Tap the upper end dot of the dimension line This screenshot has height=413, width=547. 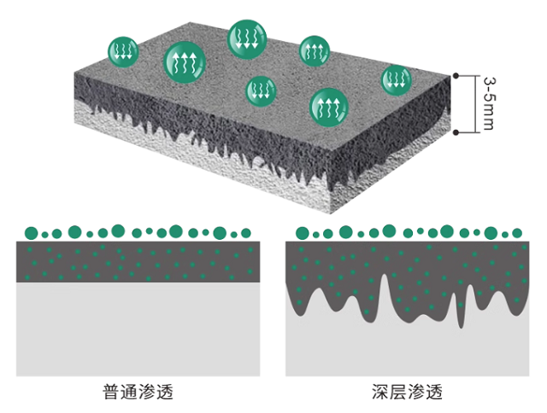(456, 76)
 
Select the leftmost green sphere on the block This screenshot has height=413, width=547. (122, 50)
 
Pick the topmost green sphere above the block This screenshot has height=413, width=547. (247, 38)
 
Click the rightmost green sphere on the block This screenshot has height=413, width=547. (395, 79)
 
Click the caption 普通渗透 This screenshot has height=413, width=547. (138, 393)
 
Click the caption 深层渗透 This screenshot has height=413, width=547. (407, 393)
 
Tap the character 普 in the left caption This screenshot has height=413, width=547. (110, 393)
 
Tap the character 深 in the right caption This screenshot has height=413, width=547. (379, 393)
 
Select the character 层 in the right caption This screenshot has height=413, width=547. (398, 393)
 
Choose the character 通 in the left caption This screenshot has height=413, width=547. (128, 393)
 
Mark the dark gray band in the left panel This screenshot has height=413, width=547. (138, 262)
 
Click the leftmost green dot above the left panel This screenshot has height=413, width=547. (31, 231)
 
